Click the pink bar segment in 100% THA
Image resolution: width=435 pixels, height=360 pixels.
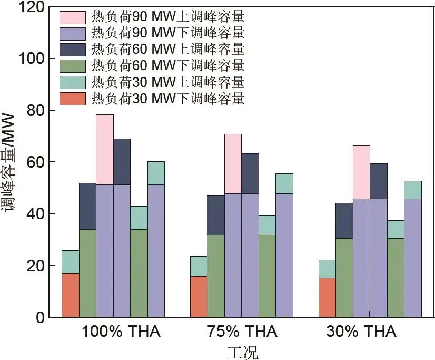click(x=105, y=150)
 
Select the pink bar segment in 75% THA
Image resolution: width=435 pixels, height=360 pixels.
click(x=233, y=164)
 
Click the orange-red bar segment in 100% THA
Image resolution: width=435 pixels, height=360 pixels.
click(x=71, y=295)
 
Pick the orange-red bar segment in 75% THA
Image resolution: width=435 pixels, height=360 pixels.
click(x=199, y=297)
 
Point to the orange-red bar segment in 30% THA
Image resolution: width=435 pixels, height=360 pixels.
click(x=327, y=297)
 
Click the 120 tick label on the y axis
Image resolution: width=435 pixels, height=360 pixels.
click(x=28, y=7)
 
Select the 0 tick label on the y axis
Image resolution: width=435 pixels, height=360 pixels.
click(x=40, y=318)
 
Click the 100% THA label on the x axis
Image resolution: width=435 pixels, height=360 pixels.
click(x=121, y=333)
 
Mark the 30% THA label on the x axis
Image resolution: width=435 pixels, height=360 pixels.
click(x=361, y=333)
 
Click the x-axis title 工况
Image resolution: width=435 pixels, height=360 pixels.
click(x=243, y=352)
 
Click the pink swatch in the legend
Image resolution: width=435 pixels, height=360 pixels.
click(x=73, y=17)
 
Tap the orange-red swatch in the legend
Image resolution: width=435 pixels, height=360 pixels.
click(x=73, y=99)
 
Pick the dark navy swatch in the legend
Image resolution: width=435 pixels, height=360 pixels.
click(x=73, y=50)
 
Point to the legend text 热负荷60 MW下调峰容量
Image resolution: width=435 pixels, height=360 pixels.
click(x=167, y=66)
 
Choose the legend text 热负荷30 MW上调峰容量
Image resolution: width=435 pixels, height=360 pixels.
click(x=167, y=82)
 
